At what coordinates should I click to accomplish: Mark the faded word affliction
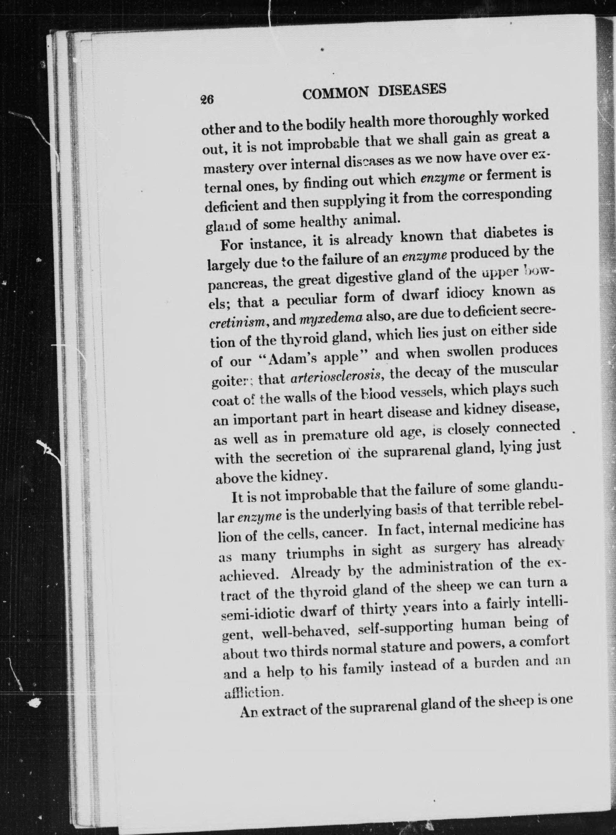[x=254, y=693]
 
